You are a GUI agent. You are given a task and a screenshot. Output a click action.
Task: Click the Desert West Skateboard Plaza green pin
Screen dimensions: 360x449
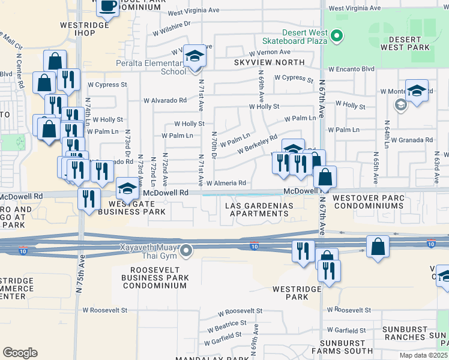coord(337,36)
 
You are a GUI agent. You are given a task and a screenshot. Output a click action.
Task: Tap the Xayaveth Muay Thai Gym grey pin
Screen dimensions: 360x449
coord(188,250)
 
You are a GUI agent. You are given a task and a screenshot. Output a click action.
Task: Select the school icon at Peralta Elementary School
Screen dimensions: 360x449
coord(194,56)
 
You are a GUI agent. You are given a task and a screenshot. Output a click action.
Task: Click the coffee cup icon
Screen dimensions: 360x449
coord(107,7)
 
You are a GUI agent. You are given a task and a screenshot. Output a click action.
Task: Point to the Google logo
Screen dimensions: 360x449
coord(20,353)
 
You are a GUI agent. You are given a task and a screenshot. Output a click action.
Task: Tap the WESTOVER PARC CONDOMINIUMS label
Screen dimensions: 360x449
coord(369,201)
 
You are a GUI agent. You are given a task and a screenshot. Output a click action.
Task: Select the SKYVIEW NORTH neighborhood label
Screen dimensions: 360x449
coord(270,62)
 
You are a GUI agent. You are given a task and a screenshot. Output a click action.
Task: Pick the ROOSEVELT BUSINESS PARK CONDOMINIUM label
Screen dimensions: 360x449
coord(154,278)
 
